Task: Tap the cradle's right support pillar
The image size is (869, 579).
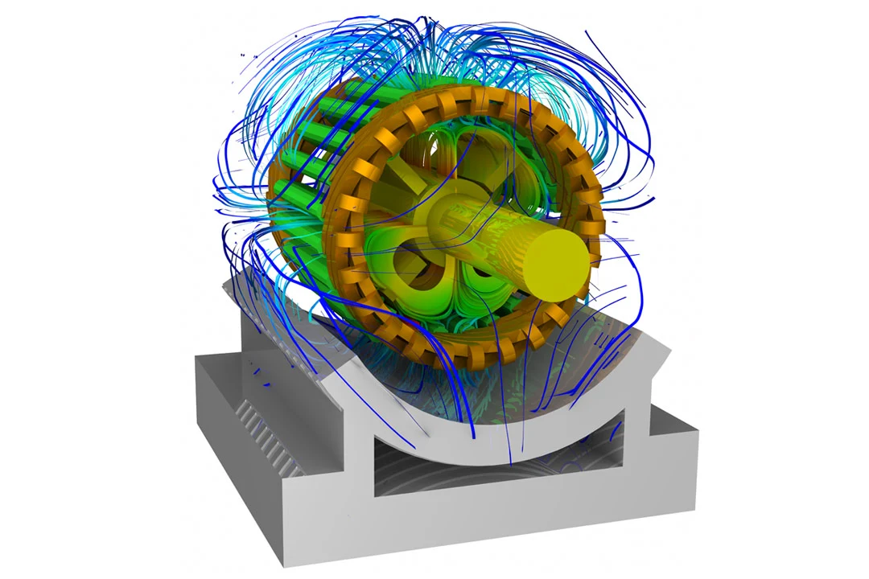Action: [636, 418]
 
